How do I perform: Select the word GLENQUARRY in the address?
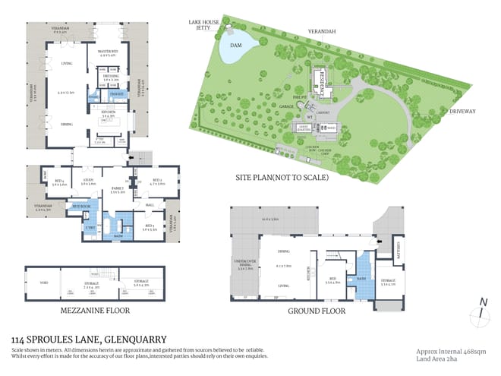pos(132,339)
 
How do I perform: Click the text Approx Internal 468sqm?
pos(450,352)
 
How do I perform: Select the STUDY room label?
pos(88,181)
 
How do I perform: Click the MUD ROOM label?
pos(80,207)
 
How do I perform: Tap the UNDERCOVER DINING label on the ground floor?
pos(245,266)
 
